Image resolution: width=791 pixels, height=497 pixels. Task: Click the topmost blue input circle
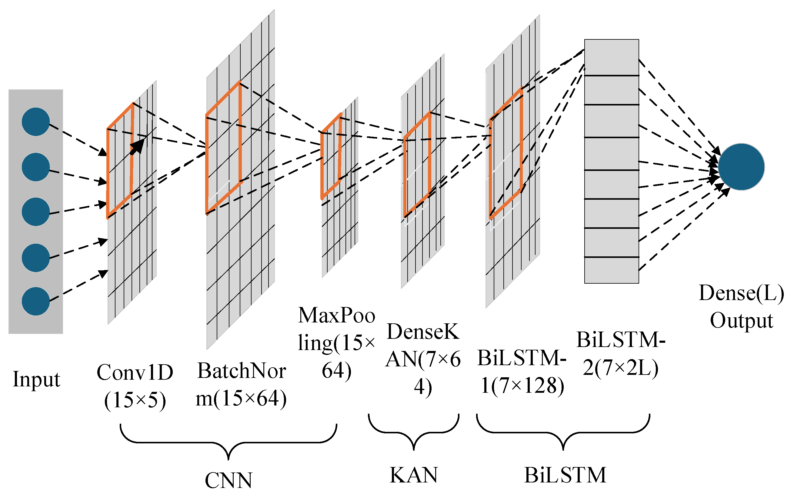coord(35,122)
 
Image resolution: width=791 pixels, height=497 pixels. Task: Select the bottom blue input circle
coord(35,301)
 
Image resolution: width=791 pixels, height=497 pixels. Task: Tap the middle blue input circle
coord(35,212)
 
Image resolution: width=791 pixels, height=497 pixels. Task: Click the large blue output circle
coord(741,167)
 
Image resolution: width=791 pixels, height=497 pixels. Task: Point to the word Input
coord(36,379)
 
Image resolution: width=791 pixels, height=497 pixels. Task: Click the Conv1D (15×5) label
coord(135,386)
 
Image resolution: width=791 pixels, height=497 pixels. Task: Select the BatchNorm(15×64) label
coord(242,385)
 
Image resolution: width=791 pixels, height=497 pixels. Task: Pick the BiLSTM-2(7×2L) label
coord(621,353)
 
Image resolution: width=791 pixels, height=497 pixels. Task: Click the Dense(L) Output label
coord(741,306)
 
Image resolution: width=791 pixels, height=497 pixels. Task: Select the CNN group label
coord(228,480)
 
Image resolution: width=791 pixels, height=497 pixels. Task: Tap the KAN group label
coord(414,475)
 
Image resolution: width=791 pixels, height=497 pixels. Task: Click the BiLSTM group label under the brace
coord(565,475)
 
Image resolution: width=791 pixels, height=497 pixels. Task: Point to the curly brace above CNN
coord(228,442)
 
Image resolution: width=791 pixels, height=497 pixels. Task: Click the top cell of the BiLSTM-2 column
coord(611,58)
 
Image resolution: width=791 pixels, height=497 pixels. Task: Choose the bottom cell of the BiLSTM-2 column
coord(611,270)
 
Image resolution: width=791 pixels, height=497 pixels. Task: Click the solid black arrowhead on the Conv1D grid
coord(139,145)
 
